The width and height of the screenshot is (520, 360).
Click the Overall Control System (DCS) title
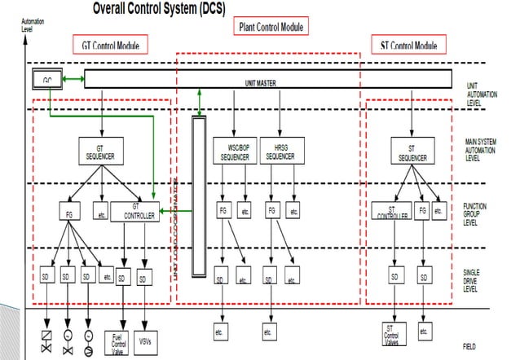pyautogui.click(x=158, y=9)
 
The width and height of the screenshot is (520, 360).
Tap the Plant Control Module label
pyautogui.click(x=271, y=27)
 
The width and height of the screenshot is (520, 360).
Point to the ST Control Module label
pyautogui.click(x=408, y=45)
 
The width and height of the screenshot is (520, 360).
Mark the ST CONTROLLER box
pyautogui.click(x=393, y=212)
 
